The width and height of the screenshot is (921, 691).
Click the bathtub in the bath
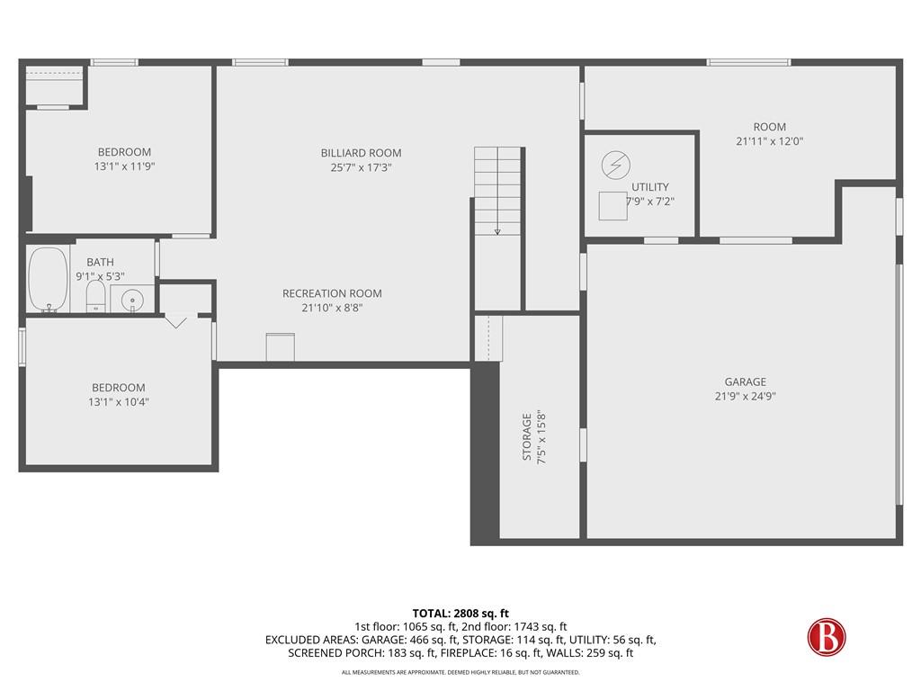click(48, 279)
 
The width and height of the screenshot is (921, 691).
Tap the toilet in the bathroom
click(95, 296)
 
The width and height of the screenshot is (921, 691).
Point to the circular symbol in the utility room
click(616, 165)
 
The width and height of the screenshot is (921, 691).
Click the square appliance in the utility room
click(613, 206)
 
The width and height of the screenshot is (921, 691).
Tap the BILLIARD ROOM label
click(361, 153)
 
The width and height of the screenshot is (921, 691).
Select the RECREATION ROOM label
click(332, 293)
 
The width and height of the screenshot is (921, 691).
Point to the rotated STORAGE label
click(527, 437)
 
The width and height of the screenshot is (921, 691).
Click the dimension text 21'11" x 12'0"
click(769, 141)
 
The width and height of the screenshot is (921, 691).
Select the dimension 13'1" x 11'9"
click(124, 166)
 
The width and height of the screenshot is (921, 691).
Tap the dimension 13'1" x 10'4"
click(112, 402)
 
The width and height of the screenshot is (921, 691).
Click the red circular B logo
click(827, 637)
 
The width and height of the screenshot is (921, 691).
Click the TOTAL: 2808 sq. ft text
click(460, 613)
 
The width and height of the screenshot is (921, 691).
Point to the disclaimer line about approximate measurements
click(460, 672)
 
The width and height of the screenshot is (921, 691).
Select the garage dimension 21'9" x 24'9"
click(746, 396)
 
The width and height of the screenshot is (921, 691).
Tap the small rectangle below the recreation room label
click(281, 347)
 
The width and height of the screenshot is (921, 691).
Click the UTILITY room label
click(649, 187)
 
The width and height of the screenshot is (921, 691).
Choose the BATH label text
click(100, 263)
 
